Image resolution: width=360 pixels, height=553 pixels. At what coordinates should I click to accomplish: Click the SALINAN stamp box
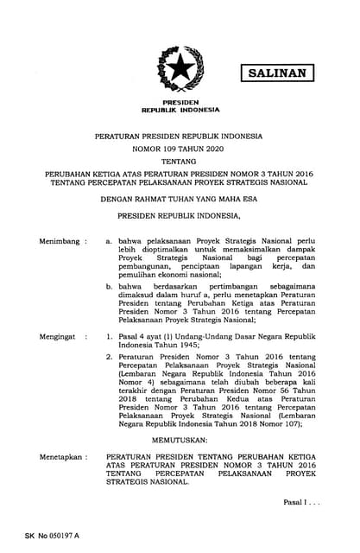(277, 73)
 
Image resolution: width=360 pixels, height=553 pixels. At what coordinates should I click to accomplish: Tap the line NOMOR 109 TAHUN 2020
(180, 149)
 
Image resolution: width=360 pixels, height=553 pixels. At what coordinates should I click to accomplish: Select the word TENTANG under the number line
(180, 162)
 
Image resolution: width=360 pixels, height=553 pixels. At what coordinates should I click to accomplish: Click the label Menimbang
(58, 217)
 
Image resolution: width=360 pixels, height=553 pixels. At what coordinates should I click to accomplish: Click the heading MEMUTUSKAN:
(180, 439)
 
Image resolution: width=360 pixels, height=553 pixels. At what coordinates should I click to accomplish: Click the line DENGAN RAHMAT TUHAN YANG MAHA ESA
(180, 198)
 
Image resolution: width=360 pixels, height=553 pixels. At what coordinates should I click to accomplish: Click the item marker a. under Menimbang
(109, 218)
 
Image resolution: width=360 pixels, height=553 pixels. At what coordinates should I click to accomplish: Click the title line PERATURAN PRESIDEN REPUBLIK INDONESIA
(180, 137)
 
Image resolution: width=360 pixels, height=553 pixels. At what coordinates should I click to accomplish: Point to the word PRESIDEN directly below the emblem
(180, 103)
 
